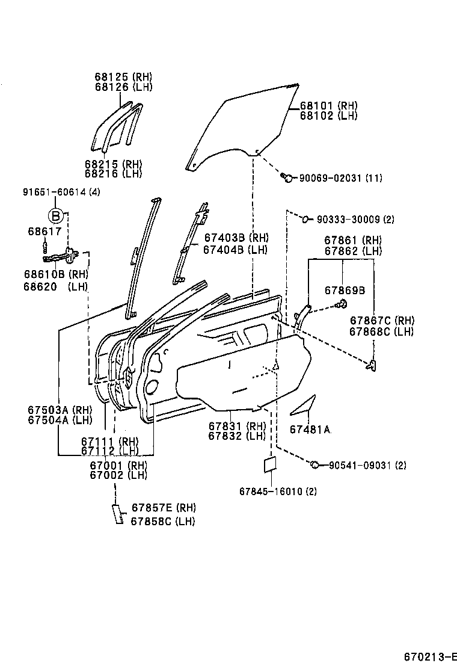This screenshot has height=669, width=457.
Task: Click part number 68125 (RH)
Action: coord(123,77)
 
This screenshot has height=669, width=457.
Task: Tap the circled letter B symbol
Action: coord(56,216)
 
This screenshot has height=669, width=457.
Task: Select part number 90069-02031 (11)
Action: coord(340,178)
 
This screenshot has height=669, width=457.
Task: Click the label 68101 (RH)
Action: coord(329,105)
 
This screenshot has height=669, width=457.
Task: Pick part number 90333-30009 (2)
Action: coord(355,220)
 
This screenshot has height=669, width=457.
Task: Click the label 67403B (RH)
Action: coord(236,238)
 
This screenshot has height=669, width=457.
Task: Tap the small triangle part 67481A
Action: coord(303,405)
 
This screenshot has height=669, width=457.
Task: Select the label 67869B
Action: coord(345,290)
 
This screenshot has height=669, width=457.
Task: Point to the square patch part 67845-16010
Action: coord(270,465)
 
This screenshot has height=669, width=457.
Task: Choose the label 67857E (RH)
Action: coord(164,507)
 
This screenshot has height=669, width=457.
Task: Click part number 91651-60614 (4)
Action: coord(62,192)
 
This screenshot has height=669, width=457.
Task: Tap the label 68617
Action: coord(44,231)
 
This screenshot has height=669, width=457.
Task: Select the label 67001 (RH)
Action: coord(118,465)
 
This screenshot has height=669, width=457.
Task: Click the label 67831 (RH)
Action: coord(237,426)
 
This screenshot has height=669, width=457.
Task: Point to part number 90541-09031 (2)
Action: coord(367,465)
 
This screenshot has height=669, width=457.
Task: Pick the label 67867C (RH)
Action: coord(382,321)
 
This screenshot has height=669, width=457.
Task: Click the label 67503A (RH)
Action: coord(60,410)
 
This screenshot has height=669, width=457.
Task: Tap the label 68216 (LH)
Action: coord(114,174)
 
